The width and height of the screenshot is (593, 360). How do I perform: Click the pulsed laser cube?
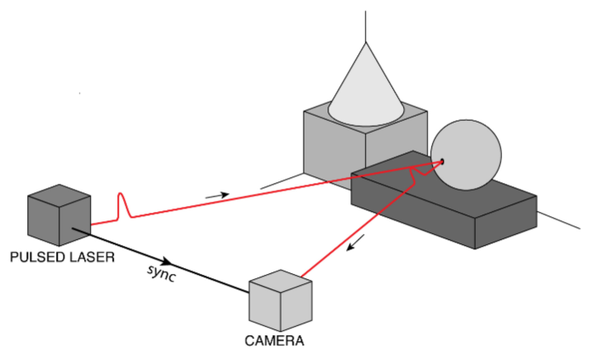click(60, 215)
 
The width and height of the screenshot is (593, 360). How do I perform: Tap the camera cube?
click(281, 300)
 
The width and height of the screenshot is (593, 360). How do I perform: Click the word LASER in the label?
click(92, 257)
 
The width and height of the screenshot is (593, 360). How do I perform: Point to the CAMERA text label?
click(275, 340)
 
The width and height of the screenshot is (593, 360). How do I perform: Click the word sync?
click(162, 273)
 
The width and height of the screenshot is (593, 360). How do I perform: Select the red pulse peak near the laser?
click(121, 205)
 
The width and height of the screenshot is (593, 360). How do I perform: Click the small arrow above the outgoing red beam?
click(217, 196)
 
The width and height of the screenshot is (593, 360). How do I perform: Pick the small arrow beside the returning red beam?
click(356, 242)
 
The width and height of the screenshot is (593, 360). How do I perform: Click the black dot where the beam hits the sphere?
click(442, 162)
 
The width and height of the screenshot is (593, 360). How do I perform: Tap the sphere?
click(466, 155)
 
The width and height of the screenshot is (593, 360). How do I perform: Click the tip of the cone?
click(366, 43)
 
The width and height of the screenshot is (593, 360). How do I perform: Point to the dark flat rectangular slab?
click(444, 200)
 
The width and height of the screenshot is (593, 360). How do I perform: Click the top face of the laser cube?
click(60, 196)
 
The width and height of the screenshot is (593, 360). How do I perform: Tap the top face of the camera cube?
click(281, 281)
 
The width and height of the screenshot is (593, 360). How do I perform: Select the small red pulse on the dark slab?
click(420, 172)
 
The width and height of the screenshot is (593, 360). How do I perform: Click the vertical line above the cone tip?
click(366, 26)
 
